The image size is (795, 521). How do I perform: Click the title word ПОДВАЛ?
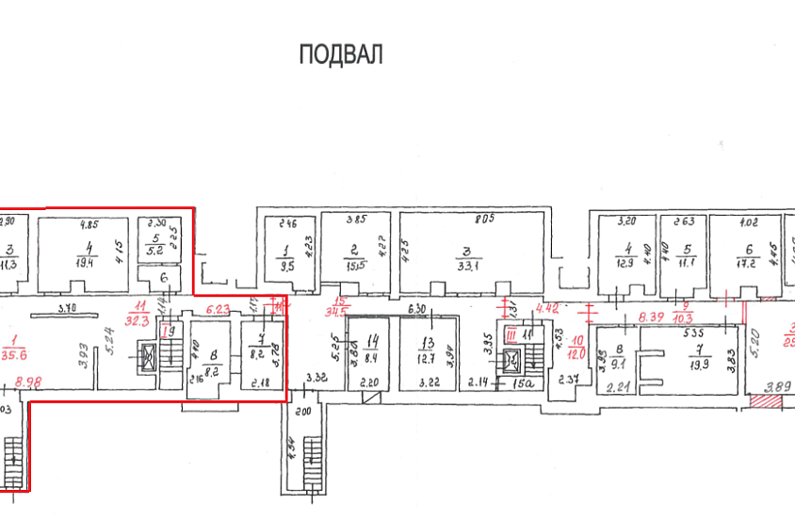tap(341, 55)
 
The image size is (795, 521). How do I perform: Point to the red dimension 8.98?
tap(30, 383)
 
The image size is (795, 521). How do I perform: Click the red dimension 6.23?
tap(219, 308)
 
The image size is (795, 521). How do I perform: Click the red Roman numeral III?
tap(510, 334)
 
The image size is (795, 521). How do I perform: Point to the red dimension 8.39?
tap(650, 319)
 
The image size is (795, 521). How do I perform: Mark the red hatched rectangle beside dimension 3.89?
tap(764, 401)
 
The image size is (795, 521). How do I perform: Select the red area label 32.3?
tap(140, 320)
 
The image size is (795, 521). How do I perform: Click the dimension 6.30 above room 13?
tap(418, 308)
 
